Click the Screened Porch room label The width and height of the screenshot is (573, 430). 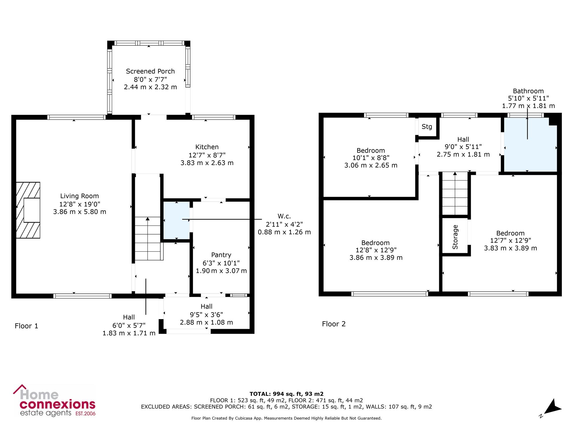click(x=150, y=71)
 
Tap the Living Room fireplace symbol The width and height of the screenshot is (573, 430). click(x=28, y=210)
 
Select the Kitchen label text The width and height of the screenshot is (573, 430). click(x=207, y=147)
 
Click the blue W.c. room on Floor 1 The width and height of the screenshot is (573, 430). click(x=176, y=220)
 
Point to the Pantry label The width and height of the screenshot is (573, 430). click(x=221, y=255)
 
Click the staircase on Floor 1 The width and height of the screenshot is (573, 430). click(x=148, y=239)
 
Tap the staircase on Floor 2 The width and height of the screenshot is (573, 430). click(x=455, y=193)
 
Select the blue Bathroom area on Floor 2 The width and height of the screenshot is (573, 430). click(x=530, y=145)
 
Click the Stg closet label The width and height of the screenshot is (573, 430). click(x=427, y=127)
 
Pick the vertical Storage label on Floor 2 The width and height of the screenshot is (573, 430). click(x=455, y=237)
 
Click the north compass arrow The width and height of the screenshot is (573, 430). click(x=553, y=406)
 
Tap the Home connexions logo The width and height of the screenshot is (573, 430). click(x=54, y=401)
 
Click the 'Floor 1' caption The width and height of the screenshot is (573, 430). click(x=26, y=326)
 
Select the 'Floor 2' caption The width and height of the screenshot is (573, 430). click(x=334, y=324)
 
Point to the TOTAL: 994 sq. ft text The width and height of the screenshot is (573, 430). click(x=286, y=394)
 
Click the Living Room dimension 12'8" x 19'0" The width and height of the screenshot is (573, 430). click(x=80, y=204)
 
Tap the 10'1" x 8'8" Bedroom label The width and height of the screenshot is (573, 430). click(x=371, y=158)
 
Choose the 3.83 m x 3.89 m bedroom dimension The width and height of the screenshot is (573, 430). click(x=511, y=248)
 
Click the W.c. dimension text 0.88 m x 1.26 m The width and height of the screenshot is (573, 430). click(x=284, y=232)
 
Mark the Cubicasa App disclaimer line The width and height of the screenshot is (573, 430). click(x=286, y=418)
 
